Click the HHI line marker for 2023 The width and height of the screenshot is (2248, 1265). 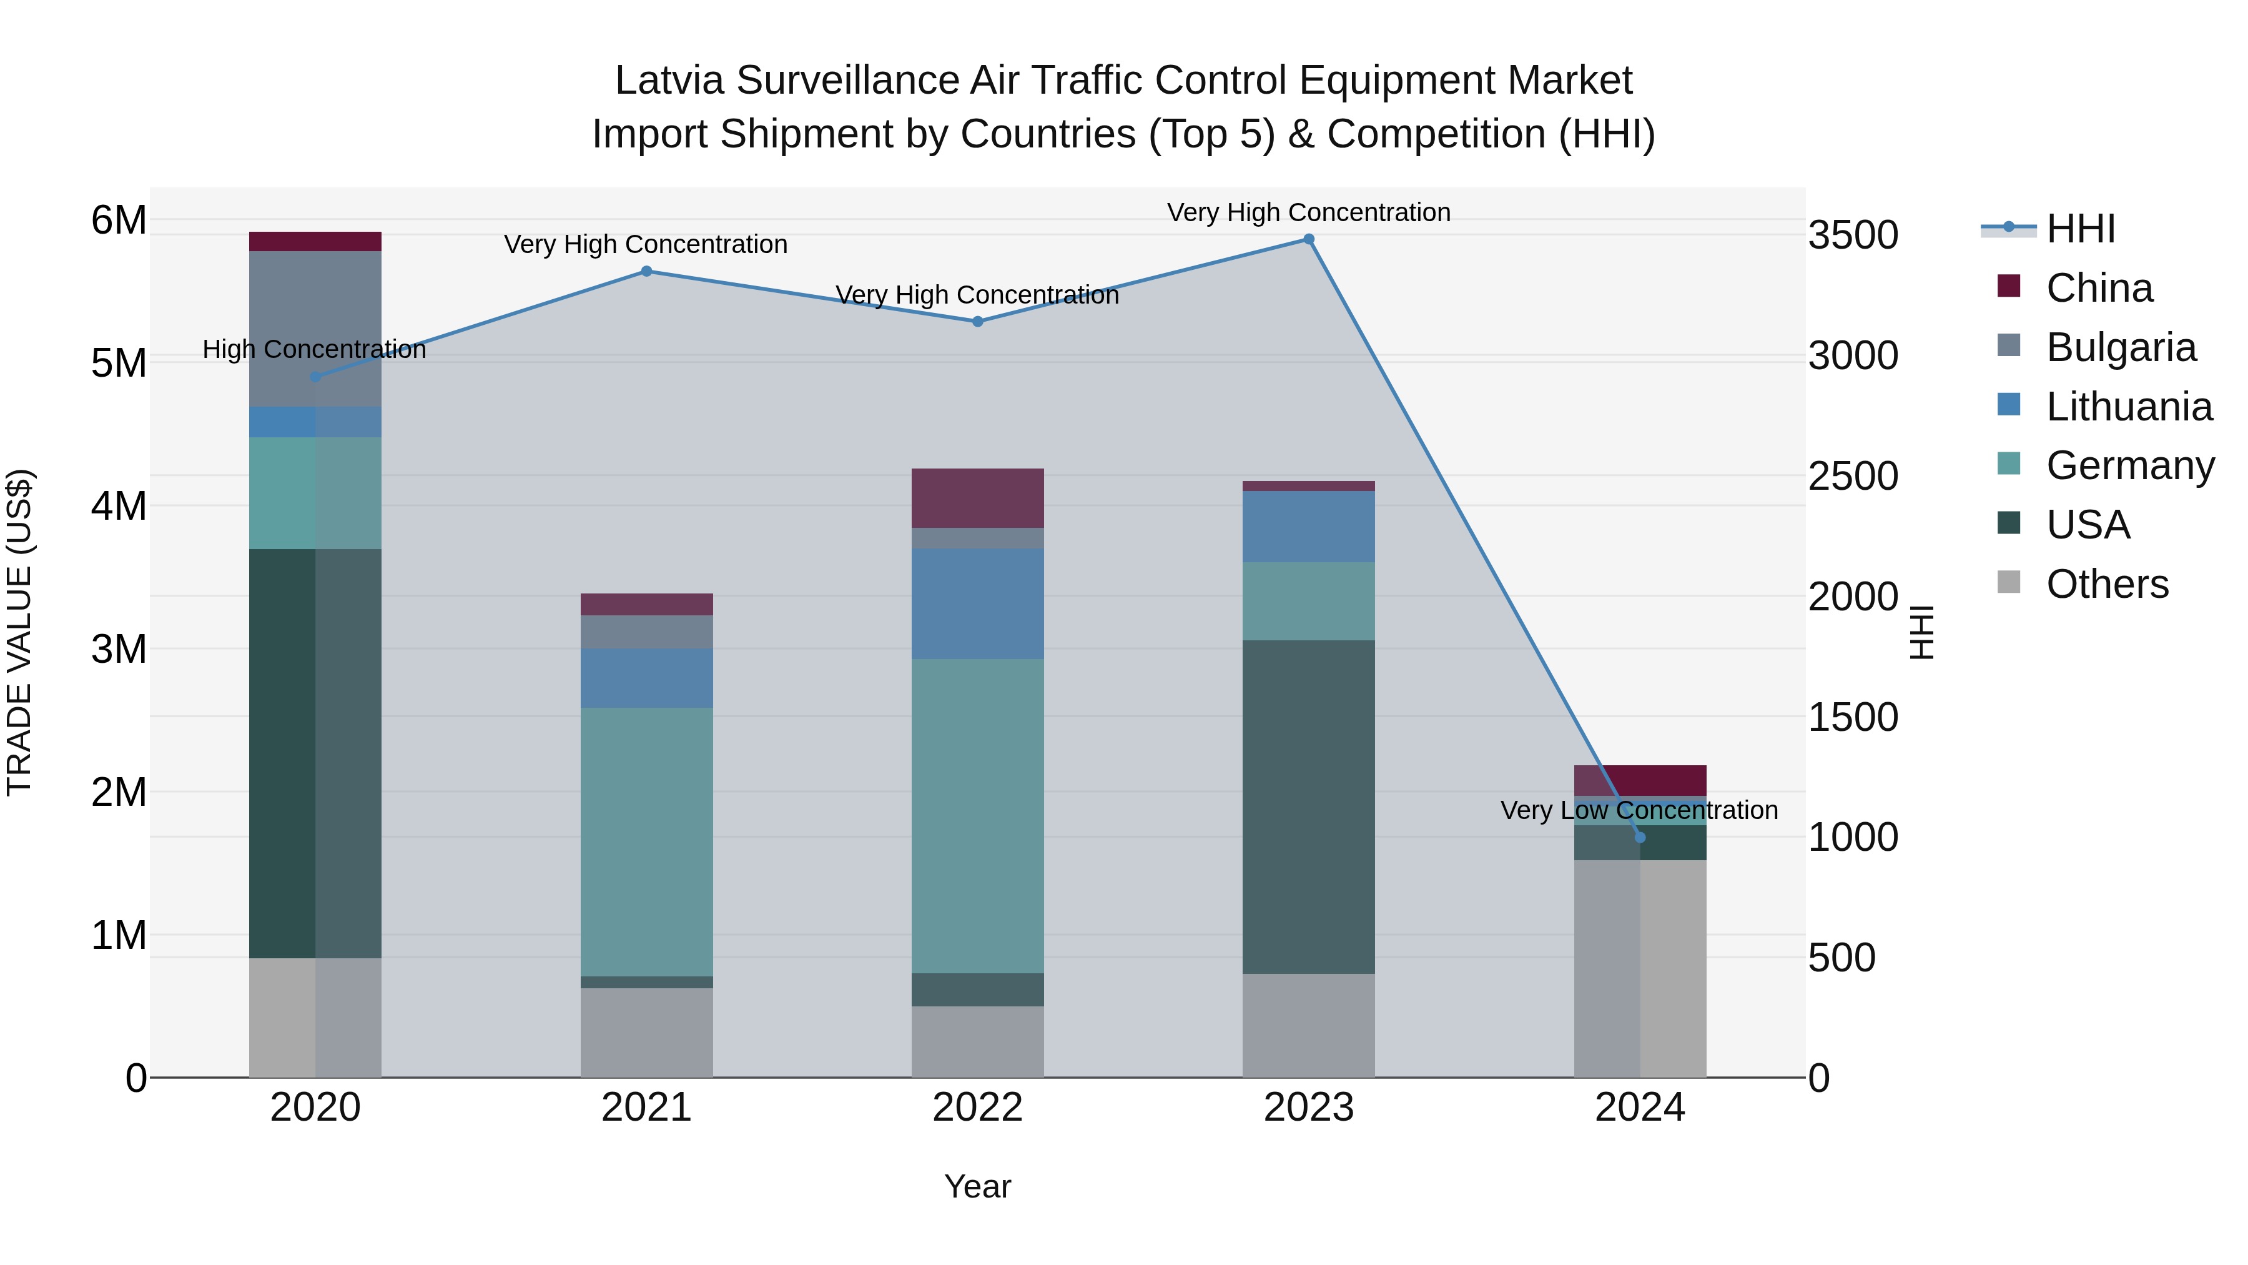click(1308, 239)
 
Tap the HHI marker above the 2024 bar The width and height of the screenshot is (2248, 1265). click(1640, 837)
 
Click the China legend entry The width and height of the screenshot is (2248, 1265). click(2098, 288)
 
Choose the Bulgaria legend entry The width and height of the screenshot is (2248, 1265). click(2120, 347)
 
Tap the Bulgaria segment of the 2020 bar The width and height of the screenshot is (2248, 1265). click(315, 329)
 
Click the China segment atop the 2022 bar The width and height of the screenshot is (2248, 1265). click(977, 498)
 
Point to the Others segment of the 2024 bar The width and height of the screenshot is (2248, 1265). click(1640, 968)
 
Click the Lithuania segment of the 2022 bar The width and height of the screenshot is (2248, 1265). click(977, 603)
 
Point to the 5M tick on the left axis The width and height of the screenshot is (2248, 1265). click(119, 363)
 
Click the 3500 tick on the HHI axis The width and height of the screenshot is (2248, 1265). click(1853, 236)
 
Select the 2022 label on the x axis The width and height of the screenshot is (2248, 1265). click(977, 1108)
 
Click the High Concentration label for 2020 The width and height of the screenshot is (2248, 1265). click(314, 349)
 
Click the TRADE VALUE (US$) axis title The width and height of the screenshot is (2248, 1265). click(20, 632)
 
